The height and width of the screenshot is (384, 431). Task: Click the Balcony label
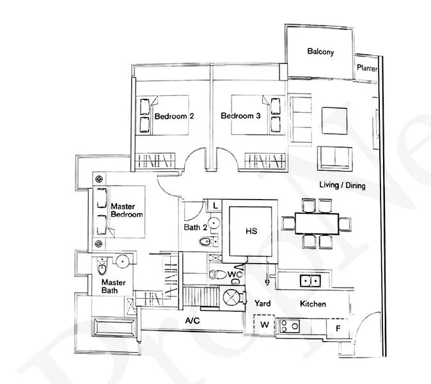(320, 52)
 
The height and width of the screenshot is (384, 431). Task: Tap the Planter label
(368, 69)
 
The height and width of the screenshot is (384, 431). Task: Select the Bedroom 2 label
(174, 116)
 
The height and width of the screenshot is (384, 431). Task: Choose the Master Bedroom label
(127, 211)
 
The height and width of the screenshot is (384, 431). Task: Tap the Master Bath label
(113, 287)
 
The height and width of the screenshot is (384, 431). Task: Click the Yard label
(264, 303)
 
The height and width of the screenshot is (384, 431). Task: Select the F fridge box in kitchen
(338, 328)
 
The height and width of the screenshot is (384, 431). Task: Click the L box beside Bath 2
(215, 205)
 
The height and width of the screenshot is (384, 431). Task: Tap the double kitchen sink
(311, 280)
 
